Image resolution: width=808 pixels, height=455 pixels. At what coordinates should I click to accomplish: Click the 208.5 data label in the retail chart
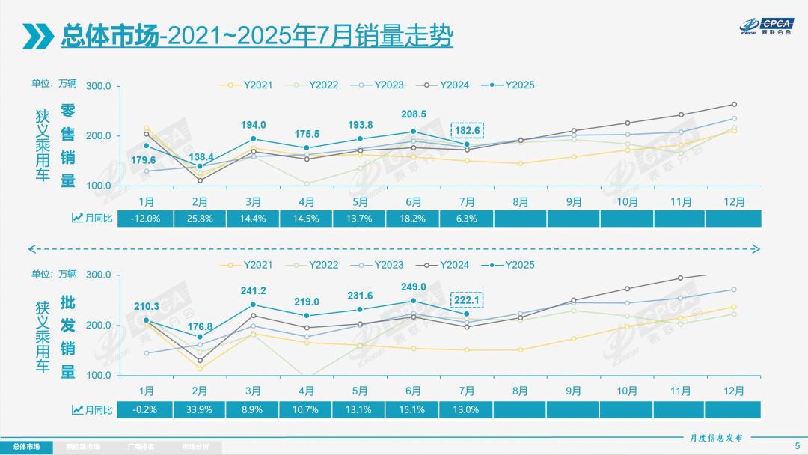(413, 114)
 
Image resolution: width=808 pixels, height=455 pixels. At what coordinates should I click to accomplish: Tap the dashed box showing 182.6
(468, 130)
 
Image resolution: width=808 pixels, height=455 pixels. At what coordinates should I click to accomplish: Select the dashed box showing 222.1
(468, 299)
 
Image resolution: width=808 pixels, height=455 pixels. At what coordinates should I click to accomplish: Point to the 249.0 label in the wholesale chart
(413, 287)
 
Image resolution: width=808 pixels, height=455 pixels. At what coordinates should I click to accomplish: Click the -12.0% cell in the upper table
(147, 218)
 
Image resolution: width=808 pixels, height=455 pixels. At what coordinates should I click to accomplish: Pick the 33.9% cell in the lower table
(200, 409)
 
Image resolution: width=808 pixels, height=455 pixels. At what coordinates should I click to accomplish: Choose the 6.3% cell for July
(466, 218)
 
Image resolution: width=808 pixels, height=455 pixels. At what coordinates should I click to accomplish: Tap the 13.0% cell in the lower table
(466, 409)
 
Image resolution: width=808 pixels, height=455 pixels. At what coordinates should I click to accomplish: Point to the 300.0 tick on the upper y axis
(99, 86)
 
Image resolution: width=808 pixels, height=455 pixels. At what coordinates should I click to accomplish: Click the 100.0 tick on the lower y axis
(99, 375)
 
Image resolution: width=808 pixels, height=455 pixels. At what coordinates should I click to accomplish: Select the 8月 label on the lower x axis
(519, 390)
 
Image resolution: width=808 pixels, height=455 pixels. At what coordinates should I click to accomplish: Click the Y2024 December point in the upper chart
(734, 104)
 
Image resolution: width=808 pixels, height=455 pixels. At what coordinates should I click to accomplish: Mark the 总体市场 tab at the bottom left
(27, 447)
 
